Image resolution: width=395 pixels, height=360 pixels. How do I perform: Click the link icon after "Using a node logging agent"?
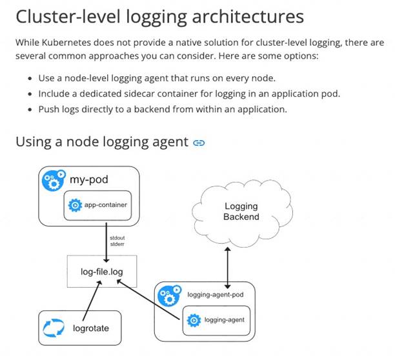[199, 142]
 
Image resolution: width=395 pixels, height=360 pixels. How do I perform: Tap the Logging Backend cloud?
[241, 212]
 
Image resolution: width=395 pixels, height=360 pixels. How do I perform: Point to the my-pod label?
[88, 181]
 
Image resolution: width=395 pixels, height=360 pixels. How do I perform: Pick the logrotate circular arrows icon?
[54, 328]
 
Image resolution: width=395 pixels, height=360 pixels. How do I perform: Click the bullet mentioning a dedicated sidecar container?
[189, 94]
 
